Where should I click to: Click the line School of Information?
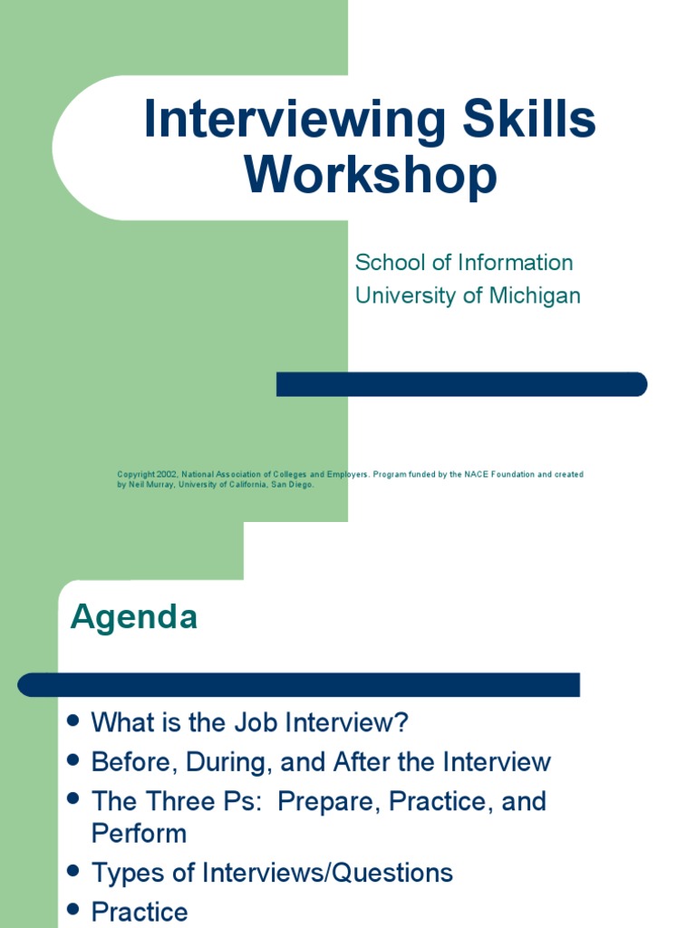(464, 263)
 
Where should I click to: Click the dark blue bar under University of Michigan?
(461, 384)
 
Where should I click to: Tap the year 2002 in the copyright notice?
(165, 474)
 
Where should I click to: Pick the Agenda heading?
(134, 617)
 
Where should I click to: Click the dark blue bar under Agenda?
(299, 685)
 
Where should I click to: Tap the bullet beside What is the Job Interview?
(74, 721)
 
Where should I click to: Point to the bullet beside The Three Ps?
(74, 799)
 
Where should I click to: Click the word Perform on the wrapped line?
(139, 834)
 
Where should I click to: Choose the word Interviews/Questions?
(329, 874)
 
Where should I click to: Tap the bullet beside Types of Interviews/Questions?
(74, 872)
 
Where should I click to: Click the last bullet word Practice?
(140, 912)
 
